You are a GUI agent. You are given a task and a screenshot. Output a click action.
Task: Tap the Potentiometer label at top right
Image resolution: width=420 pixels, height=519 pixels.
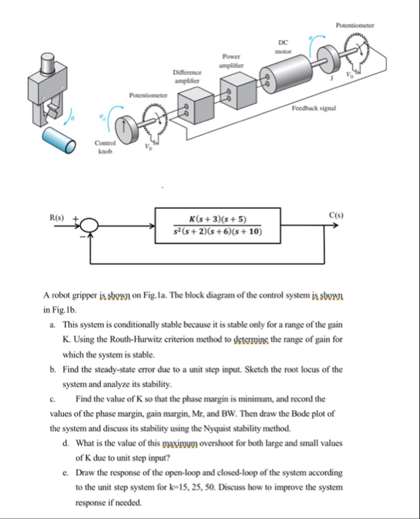pyautogui.click(x=355, y=25)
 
